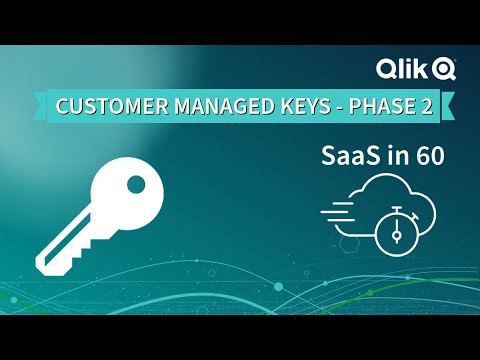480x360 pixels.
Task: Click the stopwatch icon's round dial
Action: click(396, 232)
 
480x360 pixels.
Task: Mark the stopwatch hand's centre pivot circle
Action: click(396, 236)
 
